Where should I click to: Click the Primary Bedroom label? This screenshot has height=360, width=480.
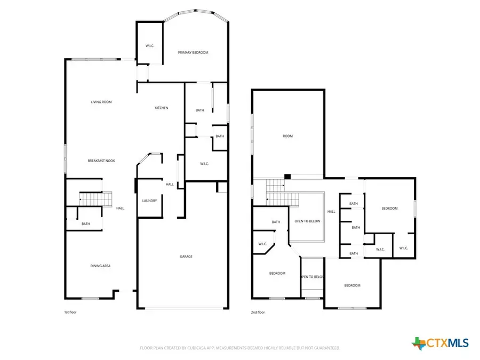193,52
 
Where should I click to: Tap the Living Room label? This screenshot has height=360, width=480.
101,102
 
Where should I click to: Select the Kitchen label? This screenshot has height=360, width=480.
162,108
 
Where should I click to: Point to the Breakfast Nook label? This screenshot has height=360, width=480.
101,161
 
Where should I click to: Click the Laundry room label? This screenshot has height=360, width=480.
149,201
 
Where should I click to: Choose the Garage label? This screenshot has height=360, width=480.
186,257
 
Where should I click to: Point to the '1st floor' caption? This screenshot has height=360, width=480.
70,312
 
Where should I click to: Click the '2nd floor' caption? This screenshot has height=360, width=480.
258,312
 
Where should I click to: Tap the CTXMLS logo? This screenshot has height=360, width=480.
440,343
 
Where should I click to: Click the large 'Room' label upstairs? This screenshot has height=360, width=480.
288,136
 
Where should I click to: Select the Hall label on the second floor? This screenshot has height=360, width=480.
331,212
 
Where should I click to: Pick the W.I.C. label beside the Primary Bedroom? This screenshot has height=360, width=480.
150,46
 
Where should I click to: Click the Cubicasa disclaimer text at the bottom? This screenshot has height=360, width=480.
239,348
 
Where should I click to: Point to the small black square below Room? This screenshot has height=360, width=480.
287,177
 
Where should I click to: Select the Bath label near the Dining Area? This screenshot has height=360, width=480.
85,224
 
